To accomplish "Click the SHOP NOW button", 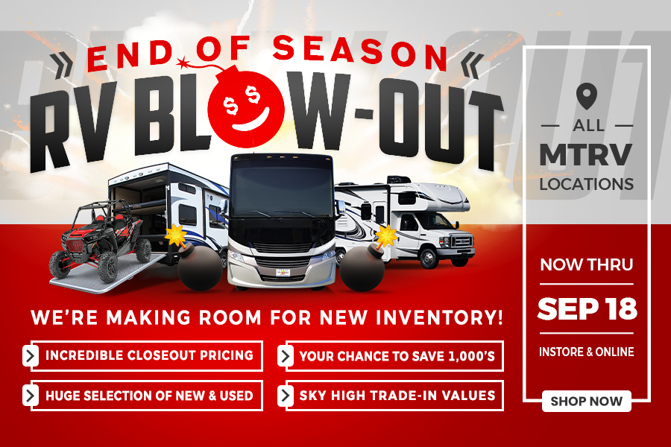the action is click(x=586, y=402).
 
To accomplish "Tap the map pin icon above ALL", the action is click(x=586, y=95).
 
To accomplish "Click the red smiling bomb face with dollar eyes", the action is click(x=245, y=106).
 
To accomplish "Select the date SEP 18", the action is click(x=587, y=308).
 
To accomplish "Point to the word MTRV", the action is click(x=586, y=154).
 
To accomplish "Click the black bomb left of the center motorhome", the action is click(x=199, y=266).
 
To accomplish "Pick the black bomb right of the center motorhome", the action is click(x=362, y=269).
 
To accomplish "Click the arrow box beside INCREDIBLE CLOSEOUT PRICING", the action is click(x=30, y=355).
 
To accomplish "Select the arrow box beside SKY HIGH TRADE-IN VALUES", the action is click(x=285, y=396).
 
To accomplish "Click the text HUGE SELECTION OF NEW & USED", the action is click(x=149, y=396).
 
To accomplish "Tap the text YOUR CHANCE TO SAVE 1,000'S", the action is click(x=397, y=356).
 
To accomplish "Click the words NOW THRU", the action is click(x=586, y=264).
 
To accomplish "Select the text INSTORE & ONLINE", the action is click(x=586, y=352).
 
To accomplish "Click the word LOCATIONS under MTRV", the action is click(x=586, y=184).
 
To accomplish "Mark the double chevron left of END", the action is click(x=62, y=65).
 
